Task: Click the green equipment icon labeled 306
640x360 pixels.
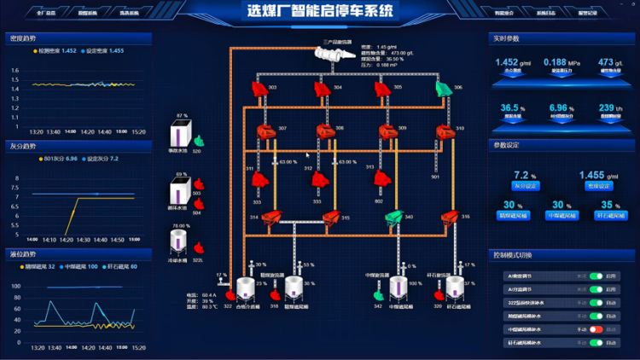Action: pos(443,88)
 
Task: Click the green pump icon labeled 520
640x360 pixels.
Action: pos(198,141)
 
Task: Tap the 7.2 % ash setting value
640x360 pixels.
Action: pos(525,174)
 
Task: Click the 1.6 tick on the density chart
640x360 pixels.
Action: pos(14,71)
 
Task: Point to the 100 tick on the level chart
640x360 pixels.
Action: pos(15,287)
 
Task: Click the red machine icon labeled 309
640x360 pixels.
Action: pos(381,132)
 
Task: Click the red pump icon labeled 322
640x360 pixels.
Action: pos(228,294)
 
